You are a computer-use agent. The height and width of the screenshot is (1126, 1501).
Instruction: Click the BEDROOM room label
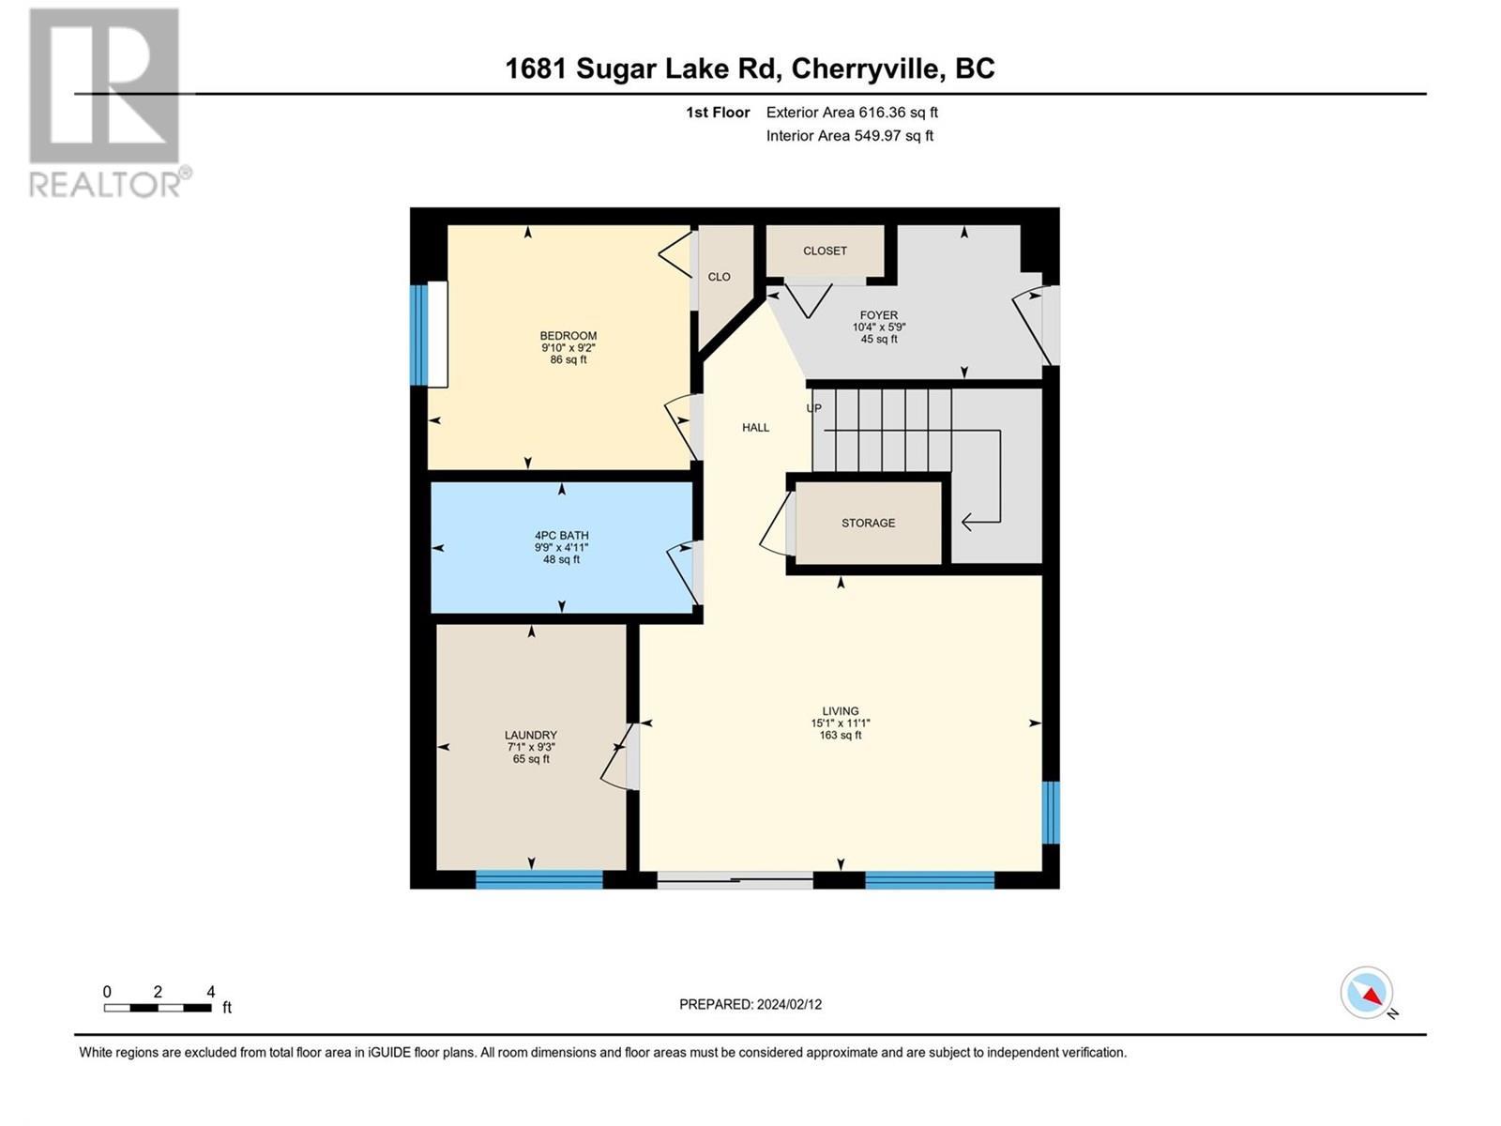pos(568,336)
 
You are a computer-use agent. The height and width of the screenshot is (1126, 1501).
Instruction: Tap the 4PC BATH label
pos(561,536)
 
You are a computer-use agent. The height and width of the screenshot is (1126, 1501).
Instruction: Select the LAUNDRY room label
pos(531,736)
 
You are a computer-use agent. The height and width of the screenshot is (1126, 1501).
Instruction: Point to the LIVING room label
pos(841,711)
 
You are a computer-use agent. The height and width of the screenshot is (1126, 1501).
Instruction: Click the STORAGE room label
pos(868,523)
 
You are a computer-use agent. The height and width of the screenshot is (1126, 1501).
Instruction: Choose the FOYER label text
pos(879,315)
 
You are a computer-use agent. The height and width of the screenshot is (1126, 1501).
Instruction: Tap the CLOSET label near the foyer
pos(825,251)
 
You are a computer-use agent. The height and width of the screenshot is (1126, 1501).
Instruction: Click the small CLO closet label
pos(719,277)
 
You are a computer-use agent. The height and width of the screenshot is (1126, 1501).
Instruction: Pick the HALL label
pos(755,428)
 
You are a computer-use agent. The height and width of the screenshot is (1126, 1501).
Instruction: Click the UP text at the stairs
pos(814,408)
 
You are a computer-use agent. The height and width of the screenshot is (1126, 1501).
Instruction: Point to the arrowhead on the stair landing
pos(968,521)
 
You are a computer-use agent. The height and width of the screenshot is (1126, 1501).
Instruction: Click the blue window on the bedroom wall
pos(418,335)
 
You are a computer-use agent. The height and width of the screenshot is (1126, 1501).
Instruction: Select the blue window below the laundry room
pos(538,879)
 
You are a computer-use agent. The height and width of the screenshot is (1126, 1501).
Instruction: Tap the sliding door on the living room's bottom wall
pos(735,880)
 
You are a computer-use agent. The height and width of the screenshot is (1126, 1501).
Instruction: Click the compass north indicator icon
pos(1368,994)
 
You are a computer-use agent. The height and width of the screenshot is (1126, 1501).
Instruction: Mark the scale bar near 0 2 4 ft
pos(158,1008)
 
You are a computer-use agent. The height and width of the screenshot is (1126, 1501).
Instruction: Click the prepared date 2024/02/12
pos(788,1004)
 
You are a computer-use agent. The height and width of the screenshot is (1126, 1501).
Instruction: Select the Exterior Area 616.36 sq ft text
pos(852,113)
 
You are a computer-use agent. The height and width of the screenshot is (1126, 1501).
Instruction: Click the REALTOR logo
pos(106,103)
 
